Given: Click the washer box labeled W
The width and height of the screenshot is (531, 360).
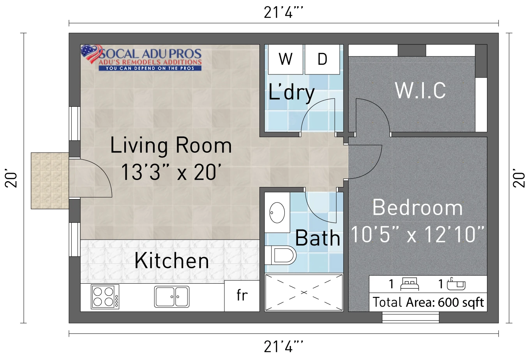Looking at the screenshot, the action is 286,59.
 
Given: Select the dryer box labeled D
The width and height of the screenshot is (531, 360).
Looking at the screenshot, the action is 322,59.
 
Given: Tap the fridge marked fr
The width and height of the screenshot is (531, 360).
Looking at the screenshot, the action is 242,296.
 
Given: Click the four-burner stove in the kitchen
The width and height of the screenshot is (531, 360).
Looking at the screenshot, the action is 105,296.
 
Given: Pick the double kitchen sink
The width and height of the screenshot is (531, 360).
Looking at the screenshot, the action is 172,296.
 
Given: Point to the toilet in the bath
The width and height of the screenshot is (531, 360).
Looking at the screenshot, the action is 280,255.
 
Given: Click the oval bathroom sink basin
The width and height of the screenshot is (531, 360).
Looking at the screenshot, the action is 277,213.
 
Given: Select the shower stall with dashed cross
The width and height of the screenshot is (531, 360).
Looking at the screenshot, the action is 304,293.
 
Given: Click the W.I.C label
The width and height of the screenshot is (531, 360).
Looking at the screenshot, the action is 420,90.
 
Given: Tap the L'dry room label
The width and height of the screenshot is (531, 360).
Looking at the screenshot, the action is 291,93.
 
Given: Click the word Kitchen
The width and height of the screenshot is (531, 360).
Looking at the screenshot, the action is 172,261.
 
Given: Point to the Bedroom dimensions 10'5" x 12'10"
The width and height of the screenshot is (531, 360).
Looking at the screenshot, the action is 418,234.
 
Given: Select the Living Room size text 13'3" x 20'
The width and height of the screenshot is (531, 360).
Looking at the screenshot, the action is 171,172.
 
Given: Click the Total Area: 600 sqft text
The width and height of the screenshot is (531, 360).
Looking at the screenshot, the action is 428,302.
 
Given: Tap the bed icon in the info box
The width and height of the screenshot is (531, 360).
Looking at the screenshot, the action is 409,284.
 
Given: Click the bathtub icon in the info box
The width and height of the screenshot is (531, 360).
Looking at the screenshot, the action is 456,284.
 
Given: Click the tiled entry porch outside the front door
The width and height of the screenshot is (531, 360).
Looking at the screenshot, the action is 50,181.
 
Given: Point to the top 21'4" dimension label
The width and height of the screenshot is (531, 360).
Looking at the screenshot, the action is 283,12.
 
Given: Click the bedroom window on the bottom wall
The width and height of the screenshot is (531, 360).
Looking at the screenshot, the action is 411,318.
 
